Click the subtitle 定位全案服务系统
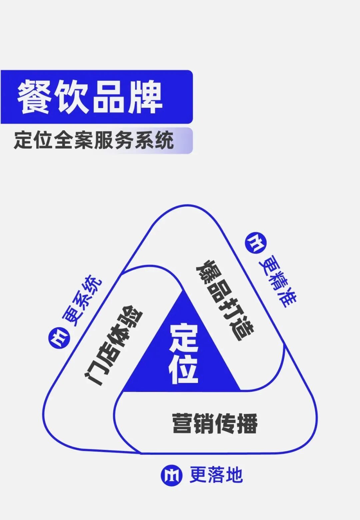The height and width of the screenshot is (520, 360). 94,140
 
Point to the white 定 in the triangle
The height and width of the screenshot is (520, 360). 184,338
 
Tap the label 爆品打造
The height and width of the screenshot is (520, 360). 225,300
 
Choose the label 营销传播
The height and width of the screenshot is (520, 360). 215,424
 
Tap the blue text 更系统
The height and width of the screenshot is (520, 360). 82,301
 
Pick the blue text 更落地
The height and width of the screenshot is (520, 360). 216,475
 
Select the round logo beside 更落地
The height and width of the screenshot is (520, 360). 171,475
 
